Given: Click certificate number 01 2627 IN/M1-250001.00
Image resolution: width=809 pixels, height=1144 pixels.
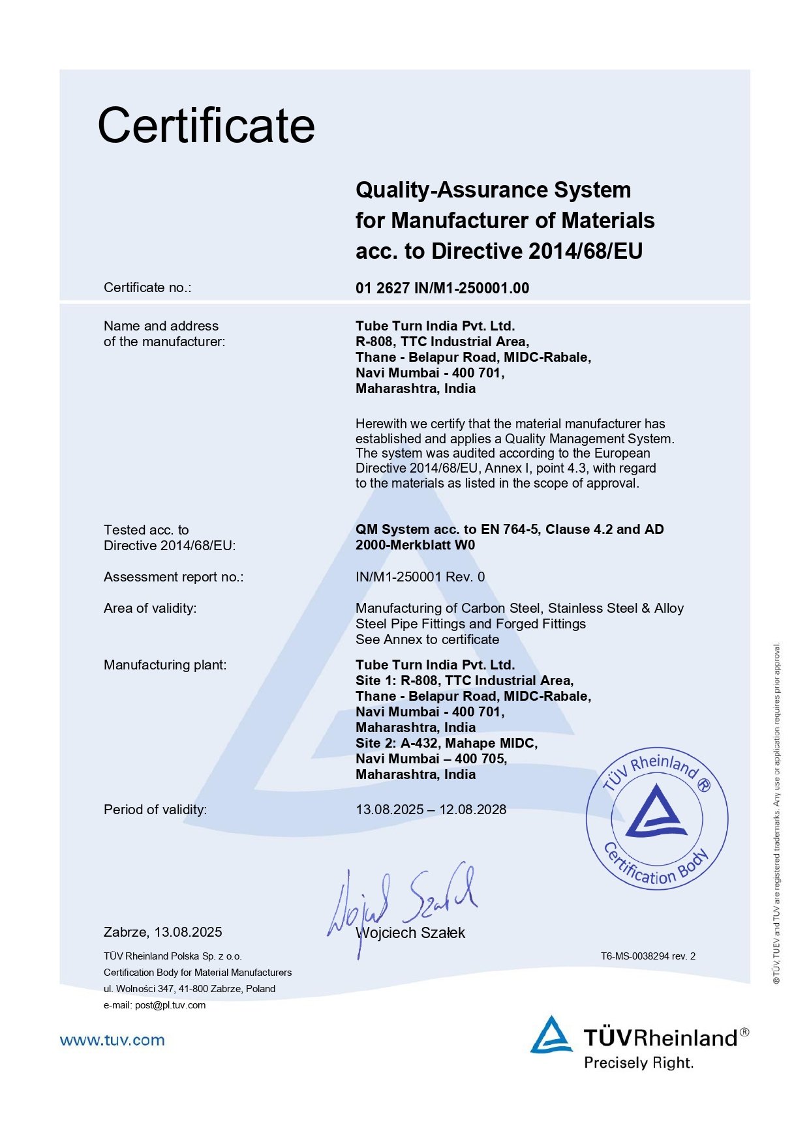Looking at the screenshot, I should coord(442,288).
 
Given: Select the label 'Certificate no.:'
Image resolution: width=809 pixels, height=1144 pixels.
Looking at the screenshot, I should coord(147,287).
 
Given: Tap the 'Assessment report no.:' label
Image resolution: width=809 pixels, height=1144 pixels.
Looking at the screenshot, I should coord(174,577).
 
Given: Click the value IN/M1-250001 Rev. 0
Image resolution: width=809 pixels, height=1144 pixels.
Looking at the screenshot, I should coord(420,577).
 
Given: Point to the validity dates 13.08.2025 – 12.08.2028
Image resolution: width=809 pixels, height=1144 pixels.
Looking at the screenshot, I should coord(431,810).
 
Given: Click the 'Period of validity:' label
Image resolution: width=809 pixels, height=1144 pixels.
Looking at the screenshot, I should coord(155,810).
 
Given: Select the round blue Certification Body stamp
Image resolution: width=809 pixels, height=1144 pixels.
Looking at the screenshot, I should coord(656,819).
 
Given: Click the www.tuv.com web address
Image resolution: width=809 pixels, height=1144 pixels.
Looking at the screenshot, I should coord(112,1040).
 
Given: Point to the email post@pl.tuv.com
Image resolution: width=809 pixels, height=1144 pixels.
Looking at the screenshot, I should coord(170,1005).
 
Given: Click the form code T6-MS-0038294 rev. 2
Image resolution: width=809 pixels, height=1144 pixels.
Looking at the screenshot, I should coord(648,956).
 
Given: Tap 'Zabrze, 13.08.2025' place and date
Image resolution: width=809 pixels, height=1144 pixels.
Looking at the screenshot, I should coord(163,932).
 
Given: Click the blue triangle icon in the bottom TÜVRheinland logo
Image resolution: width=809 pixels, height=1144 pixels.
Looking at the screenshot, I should coord(551,1035).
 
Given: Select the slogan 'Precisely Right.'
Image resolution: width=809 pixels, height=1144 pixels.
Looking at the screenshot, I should coord(639,1063).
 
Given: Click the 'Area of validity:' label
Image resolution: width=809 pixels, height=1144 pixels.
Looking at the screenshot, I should coord(150,608).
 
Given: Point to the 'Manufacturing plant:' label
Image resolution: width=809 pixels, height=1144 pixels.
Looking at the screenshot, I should coord(165,665).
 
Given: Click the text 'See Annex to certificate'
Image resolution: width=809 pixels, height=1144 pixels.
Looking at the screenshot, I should coord(427,639).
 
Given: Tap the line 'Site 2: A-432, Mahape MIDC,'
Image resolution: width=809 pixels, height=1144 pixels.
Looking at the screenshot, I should coord(446,743).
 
